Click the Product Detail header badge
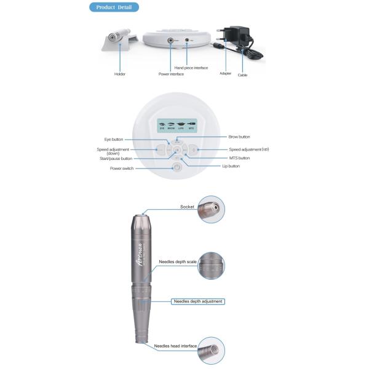click(114, 7)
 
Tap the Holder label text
click(120, 74)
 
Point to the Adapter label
click(226, 73)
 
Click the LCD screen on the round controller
click(177, 125)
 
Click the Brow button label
click(239, 137)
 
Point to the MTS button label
click(239, 158)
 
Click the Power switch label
click(122, 169)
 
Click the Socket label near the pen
click(187, 207)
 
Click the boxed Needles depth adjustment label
click(197, 301)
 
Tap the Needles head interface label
click(175, 346)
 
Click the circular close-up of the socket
click(211, 209)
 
